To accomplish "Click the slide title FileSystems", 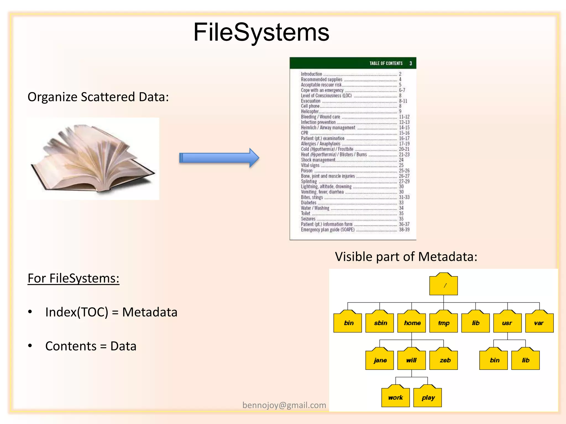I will pyautogui.click(x=261, y=32).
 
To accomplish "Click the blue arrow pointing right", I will pyautogui.click(x=219, y=158).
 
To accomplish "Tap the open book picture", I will pyautogui.click(x=93, y=159).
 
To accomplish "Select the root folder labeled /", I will pyautogui.click(x=443, y=285).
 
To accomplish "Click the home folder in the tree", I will pyautogui.click(x=412, y=323).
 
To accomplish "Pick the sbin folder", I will pyautogui.click(x=380, y=323).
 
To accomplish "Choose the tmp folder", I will pyautogui.click(x=444, y=323).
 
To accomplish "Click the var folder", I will pyautogui.click(x=539, y=323).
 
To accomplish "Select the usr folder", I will pyautogui.click(x=507, y=323).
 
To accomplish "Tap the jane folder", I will pyautogui.click(x=380, y=360).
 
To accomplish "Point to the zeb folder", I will pyautogui.click(x=444, y=360).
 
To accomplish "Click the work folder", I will pyautogui.click(x=395, y=397).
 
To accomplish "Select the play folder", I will pyautogui.click(x=428, y=397).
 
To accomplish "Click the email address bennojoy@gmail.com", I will pyautogui.click(x=284, y=405).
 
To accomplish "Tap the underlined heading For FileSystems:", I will pyautogui.click(x=73, y=278).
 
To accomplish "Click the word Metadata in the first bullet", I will pyautogui.click(x=150, y=312).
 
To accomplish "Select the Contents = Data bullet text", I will pyautogui.click(x=91, y=346).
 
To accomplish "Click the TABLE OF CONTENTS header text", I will pyautogui.click(x=386, y=63).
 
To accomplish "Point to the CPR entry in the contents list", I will pyautogui.click(x=304, y=133).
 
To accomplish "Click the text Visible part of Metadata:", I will pyautogui.click(x=406, y=257).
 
